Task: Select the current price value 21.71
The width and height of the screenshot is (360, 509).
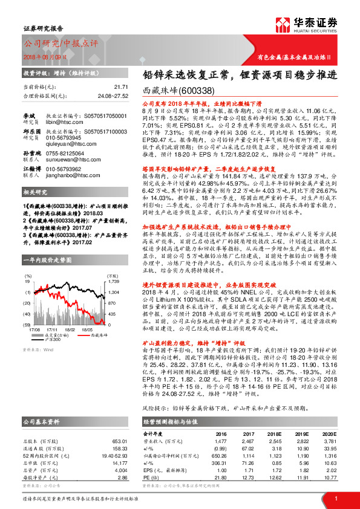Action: tap(121, 88)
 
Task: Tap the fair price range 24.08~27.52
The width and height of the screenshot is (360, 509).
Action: tap(113, 96)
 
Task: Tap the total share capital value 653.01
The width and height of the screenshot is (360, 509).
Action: tap(120, 425)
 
